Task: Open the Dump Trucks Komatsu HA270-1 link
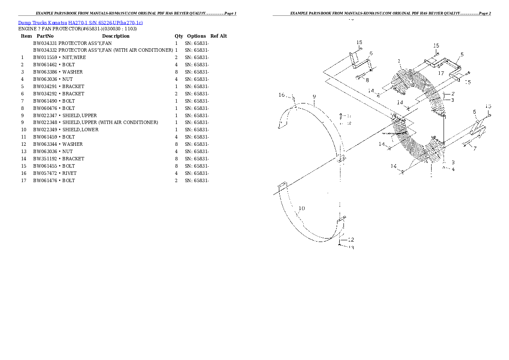[80, 22]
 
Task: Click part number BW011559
[44, 57]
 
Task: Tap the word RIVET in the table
[69, 173]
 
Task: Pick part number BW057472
[44, 173]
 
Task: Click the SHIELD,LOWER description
[80, 130]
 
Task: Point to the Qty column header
[178, 36]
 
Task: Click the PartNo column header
[45, 36]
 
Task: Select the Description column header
[115, 36]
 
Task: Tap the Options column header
[196, 36]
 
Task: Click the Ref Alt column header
[219, 36]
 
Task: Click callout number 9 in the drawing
[314, 97]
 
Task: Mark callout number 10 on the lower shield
[302, 209]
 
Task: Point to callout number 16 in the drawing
[281, 95]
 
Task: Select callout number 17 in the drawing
[441, 73]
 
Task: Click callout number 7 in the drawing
[474, 148]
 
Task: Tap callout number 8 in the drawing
[367, 80]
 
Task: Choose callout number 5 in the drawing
[462, 55]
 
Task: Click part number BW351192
[44, 159]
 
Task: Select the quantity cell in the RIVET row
[176, 173]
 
